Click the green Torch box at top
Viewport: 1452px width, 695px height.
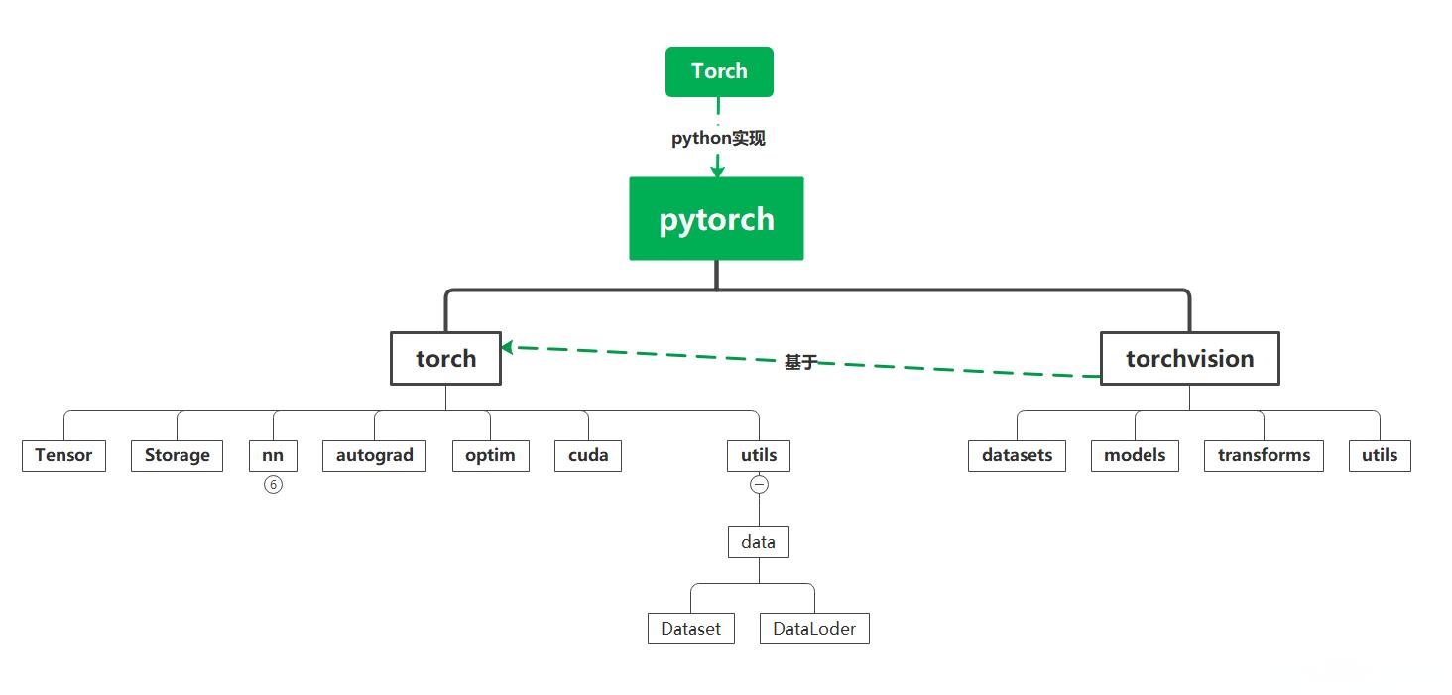point(719,71)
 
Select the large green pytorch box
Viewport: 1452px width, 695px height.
point(716,218)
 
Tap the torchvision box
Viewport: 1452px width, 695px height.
point(1189,358)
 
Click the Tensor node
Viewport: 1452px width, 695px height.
point(63,455)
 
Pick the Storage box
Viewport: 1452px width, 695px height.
point(177,455)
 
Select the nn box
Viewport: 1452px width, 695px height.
point(273,455)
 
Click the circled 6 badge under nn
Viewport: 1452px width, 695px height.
point(273,484)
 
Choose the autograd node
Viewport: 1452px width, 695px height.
point(374,455)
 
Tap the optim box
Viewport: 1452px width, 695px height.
point(490,455)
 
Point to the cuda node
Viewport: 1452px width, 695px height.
point(588,455)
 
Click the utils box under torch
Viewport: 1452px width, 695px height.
point(759,455)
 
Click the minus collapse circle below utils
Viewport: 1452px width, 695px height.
point(759,484)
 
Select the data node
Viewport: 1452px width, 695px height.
point(759,542)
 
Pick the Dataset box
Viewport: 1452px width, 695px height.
point(691,629)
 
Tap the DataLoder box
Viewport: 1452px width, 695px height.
point(814,629)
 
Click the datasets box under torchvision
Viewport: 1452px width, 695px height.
point(1017,455)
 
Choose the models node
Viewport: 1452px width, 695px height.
point(1135,455)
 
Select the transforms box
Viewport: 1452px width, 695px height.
point(1264,455)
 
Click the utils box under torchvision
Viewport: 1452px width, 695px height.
point(1380,455)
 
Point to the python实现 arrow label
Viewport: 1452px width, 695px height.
point(718,138)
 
